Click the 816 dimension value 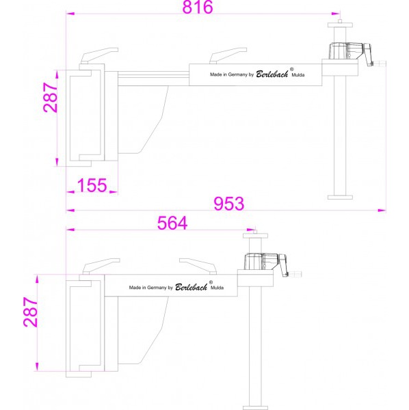pyautogui.click(x=198, y=7)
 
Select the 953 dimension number pyautogui.click(x=229, y=204)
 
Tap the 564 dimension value pyautogui.click(x=172, y=223)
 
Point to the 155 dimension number pyautogui.click(x=92, y=185)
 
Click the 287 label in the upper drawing pyautogui.click(x=50, y=98)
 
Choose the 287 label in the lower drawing pyautogui.click(x=30, y=312)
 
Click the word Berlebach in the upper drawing pyautogui.click(x=272, y=74)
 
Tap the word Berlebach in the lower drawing pyautogui.click(x=191, y=287)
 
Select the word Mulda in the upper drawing pyautogui.click(x=298, y=74)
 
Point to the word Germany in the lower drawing pyautogui.click(x=157, y=288)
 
